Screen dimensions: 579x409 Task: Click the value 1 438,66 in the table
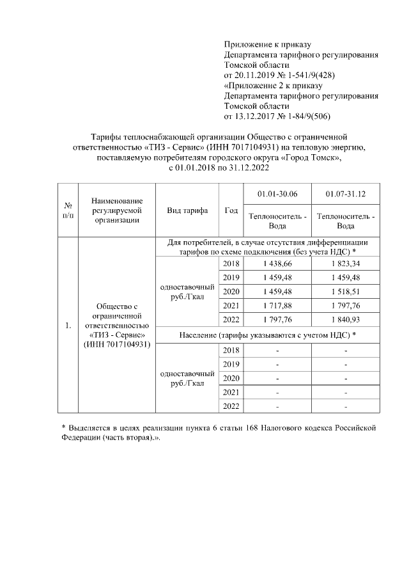click(277, 264)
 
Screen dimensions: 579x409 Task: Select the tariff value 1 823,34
click(346, 264)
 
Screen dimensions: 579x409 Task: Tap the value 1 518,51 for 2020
click(346, 292)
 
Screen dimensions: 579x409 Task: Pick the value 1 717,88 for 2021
click(277, 306)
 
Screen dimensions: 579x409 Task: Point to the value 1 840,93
click(346, 320)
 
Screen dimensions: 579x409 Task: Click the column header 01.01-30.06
click(277, 194)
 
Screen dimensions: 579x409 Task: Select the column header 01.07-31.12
click(346, 194)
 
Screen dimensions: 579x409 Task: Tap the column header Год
click(231, 210)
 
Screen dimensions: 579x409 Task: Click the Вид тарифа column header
click(187, 210)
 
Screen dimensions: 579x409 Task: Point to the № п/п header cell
click(67, 210)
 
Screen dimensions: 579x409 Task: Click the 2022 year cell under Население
click(231, 406)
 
